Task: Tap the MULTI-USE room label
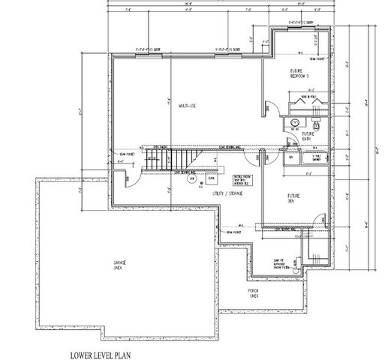tap(188, 105)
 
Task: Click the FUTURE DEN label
tap(294, 198)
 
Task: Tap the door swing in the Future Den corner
tap(260, 160)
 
